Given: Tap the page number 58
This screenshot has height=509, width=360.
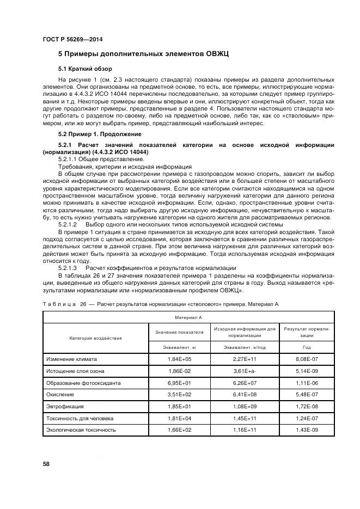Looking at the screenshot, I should [x=46, y=463].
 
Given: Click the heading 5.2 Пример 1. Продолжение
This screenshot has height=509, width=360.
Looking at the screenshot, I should [x=100, y=133].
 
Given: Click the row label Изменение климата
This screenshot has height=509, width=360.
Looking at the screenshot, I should [x=72, y=359].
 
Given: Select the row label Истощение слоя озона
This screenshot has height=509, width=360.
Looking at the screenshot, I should [x=75, y=371].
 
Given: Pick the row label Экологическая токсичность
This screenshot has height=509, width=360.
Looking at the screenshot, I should [x=81, y=430].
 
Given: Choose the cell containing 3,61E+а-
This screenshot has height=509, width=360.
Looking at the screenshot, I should [x=245, y=371].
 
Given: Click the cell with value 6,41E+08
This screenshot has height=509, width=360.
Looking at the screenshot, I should [x=245, y=395].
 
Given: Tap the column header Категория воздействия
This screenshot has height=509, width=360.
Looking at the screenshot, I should [x=95, y=338].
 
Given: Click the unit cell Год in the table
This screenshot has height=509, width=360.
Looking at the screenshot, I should [x=307, y=347].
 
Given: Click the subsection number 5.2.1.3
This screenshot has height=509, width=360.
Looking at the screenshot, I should [x=68, y=268].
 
